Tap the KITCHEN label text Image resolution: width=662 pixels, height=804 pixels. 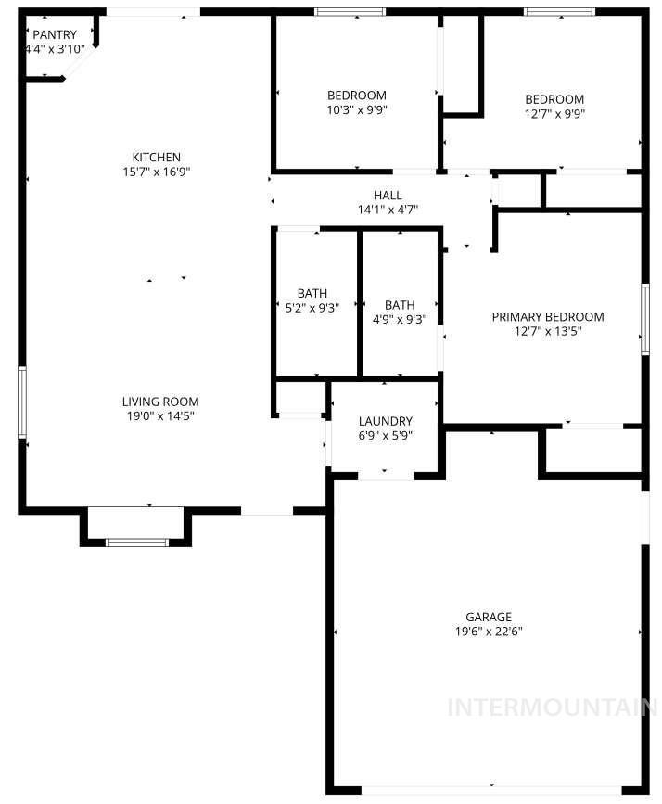pos(156,157)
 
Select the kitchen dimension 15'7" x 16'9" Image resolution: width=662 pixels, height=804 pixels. pos(156,172)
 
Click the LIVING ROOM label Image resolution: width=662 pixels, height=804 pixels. pos(160,402)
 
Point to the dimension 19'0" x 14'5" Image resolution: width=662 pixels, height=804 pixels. pos(160,416)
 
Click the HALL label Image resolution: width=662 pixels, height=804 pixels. pos(388,195)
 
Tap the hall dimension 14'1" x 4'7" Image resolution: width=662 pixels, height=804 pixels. pos(388,210)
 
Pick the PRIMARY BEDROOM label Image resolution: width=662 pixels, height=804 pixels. pos(547,316)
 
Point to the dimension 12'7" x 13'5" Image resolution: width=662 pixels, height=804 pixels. pos(547,331)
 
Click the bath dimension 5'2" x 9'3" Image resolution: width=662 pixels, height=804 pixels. pos(312,309)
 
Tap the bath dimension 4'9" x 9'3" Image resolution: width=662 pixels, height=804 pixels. pos(400,320)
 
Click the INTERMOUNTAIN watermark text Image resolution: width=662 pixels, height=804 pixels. pos(552,708)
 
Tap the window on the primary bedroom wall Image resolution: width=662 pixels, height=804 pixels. pos(644,318)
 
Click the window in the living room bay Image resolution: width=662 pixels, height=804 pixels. pos(136,542)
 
